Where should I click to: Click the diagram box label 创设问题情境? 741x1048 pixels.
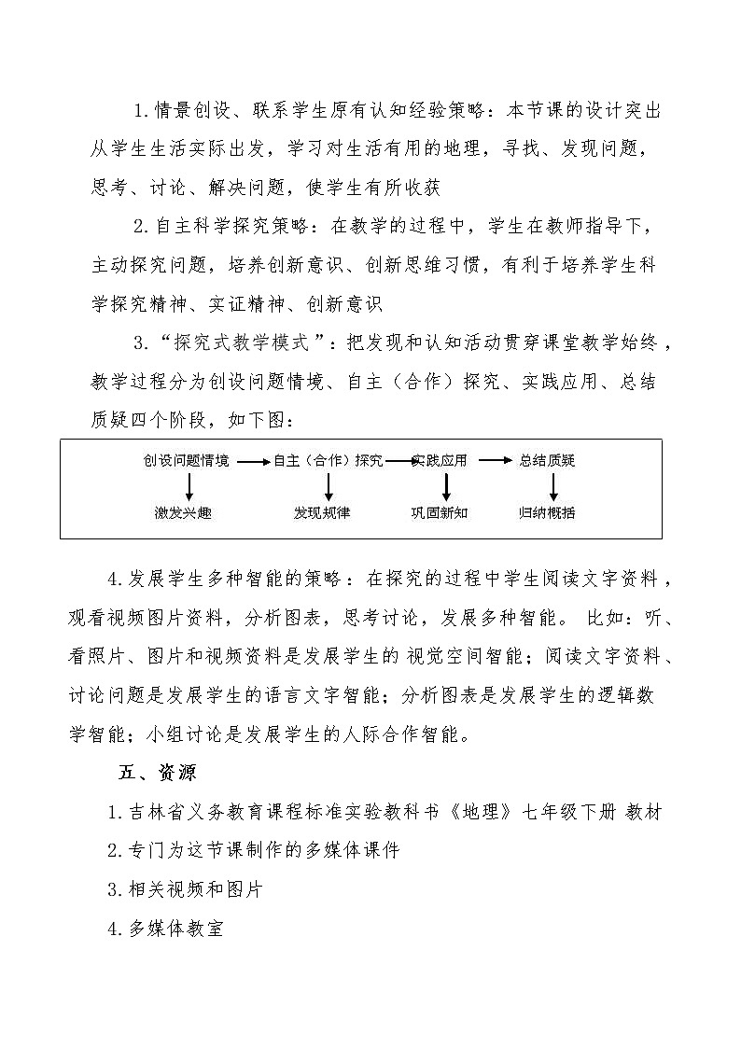point(187,460)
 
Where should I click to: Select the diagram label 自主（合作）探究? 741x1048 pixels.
point(327,460)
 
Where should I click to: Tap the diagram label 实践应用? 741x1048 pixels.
point(440,460)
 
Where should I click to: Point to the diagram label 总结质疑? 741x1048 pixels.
point(547,460)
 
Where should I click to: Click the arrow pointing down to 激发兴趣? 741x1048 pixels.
point(189,485)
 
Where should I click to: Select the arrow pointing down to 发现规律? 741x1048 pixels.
point(329,485)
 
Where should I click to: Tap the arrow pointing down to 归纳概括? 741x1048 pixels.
point(553,485)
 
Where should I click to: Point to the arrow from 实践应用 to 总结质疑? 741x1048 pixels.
point(494,460)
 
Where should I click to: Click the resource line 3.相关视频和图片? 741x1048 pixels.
point(185,889)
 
